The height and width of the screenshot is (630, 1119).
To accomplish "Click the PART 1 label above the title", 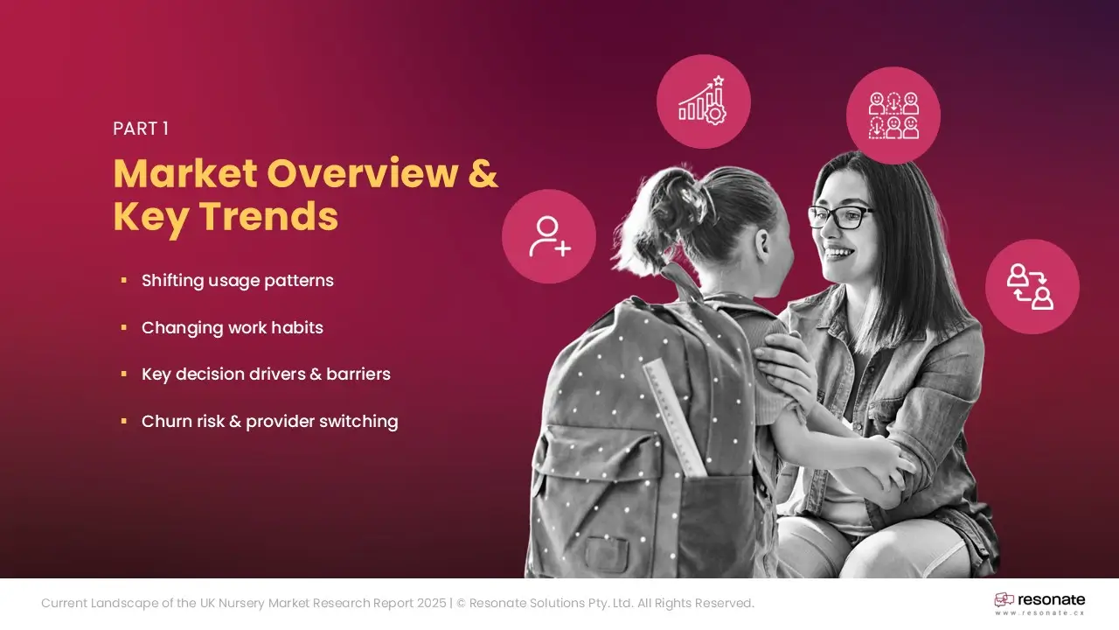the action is click(141, 129).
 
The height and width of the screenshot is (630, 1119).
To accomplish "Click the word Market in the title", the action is click(185, 173).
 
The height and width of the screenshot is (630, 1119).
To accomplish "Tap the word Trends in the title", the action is click(269, 216).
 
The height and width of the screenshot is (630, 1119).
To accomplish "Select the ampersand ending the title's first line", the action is click(483, 173).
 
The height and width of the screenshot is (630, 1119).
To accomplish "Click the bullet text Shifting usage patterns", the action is click(237, 281).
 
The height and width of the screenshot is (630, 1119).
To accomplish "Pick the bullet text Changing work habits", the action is click(233, 327).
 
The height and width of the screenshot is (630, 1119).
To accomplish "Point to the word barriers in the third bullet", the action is click(358, 374).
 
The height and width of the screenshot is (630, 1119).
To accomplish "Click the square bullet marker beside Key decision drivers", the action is click(124, 374).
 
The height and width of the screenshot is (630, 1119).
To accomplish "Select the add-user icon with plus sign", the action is click(549, 236).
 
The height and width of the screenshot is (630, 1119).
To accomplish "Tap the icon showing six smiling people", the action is click(893, 115).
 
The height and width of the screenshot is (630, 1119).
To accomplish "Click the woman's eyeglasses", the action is click(841, 217).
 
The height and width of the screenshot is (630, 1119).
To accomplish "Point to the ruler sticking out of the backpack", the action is click(675, 417).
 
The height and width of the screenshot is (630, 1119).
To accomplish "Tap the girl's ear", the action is click(763, 243).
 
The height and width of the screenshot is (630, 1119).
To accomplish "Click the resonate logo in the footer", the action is click(1039, 599).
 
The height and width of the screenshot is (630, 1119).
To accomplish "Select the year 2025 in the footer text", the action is click(432, 603).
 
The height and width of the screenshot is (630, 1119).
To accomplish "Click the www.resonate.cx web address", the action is click(1039, 613).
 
